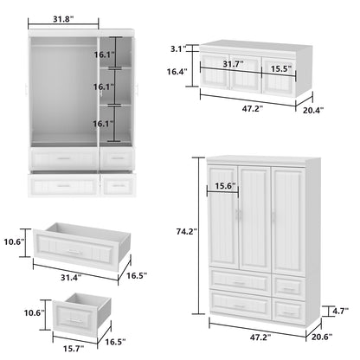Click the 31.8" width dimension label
(x=62, y=19)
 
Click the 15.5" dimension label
(x=279, y=67)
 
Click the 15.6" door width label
(x=220, y=185)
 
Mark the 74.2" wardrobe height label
(x=183, y=231)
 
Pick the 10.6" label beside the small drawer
(x=35, y=312)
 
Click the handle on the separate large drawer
(x=75, y=252)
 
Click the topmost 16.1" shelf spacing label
(x=104, y=55)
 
